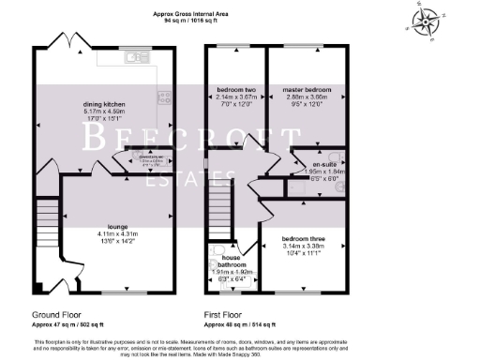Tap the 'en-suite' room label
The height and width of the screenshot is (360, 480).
pos(323,165)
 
